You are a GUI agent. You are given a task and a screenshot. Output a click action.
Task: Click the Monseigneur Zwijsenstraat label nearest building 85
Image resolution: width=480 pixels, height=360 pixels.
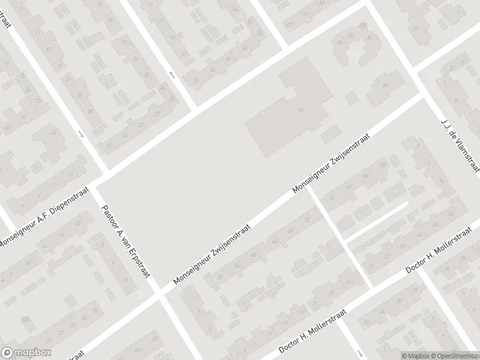(x=331, y=163)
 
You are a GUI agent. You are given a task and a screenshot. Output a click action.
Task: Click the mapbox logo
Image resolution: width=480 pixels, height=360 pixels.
(x=26, y=352)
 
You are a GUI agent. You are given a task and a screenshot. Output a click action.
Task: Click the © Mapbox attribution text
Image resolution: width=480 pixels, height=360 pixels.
(x=416, y=355)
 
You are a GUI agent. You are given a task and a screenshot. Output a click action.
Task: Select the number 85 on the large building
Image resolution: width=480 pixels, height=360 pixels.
(x=301, y=110)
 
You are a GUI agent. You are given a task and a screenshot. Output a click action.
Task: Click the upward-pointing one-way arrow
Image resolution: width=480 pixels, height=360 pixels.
(x=172, y=74)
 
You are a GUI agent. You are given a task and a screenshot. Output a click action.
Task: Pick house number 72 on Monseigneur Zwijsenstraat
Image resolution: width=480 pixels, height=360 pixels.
(x=308, y=220)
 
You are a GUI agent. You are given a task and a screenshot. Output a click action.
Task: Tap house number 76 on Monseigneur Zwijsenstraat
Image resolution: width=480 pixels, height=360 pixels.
(x=329, y=204)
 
